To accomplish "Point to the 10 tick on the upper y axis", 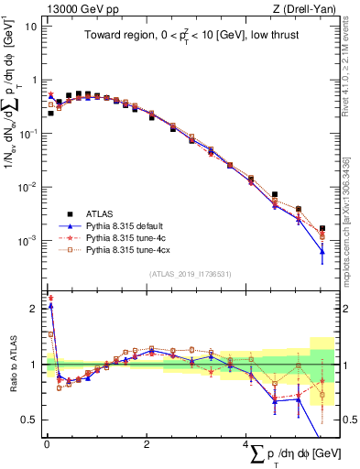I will coord(30,27).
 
